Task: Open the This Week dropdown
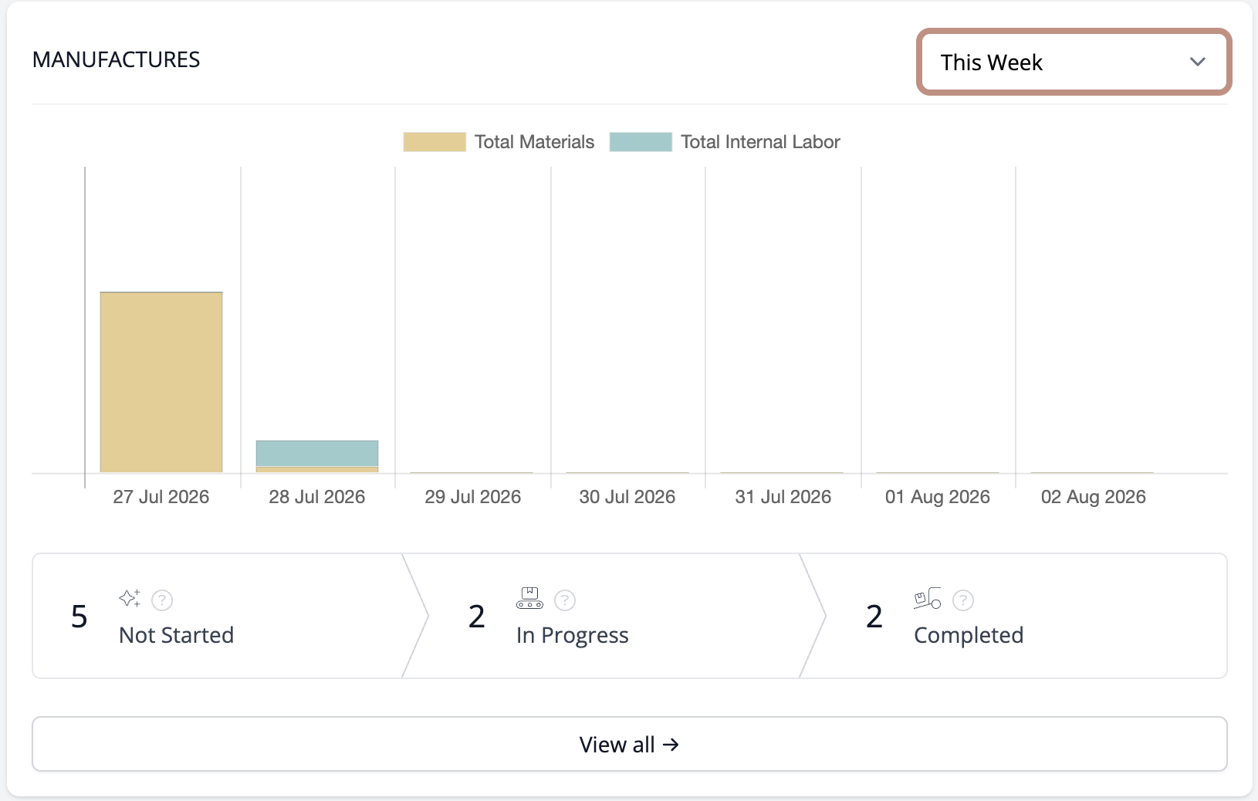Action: point(1074,62)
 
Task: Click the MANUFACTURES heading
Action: point(116,59)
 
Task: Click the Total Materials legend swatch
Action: point(434,141)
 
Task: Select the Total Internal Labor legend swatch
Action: point(641,141)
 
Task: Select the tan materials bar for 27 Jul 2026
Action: point(161,382)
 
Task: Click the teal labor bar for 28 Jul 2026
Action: point(316,453)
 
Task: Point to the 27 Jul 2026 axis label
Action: point(161,496)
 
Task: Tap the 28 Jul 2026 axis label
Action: point(316,496)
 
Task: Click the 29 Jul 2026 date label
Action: point(472,496)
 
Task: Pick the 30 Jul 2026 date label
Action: point(627,496)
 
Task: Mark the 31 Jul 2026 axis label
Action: point(783,496)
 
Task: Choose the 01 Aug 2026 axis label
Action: point(937,496)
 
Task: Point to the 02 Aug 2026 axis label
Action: point(1093,496)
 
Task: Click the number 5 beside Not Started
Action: point(79,617)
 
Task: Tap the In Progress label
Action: point(573,635)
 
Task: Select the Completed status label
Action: point(969,635)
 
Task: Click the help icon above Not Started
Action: point(162,600)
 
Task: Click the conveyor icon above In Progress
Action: point(529,598)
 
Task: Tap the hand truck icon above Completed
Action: point(927,598)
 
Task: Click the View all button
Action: point(630,744)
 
